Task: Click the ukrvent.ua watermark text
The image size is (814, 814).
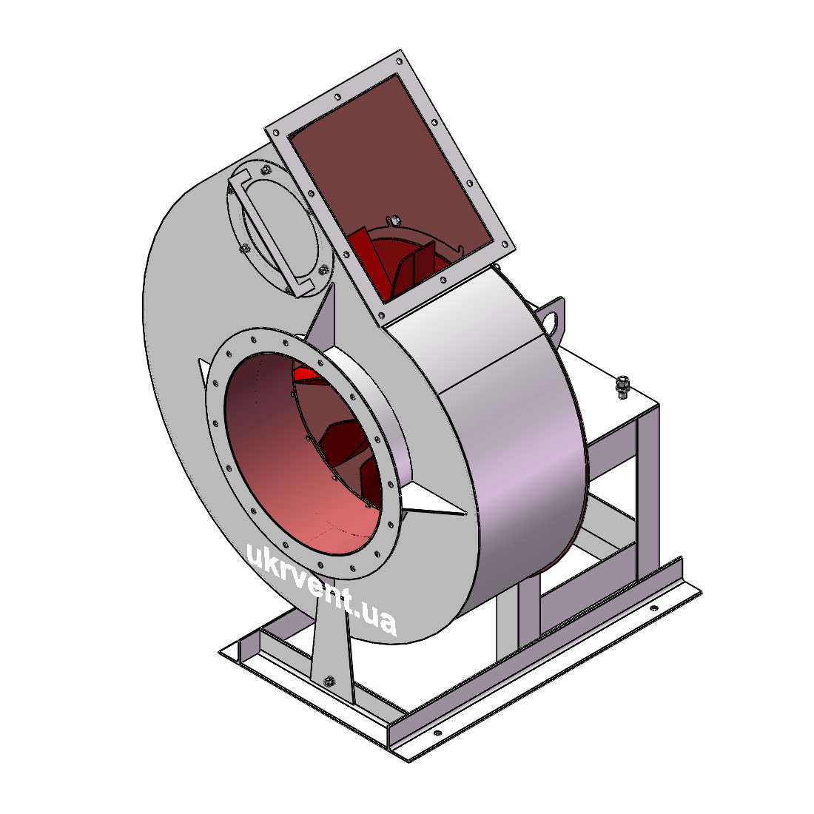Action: [321, 589]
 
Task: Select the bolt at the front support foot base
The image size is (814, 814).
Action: [329, 681]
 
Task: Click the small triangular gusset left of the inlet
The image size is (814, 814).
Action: [204, 369]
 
